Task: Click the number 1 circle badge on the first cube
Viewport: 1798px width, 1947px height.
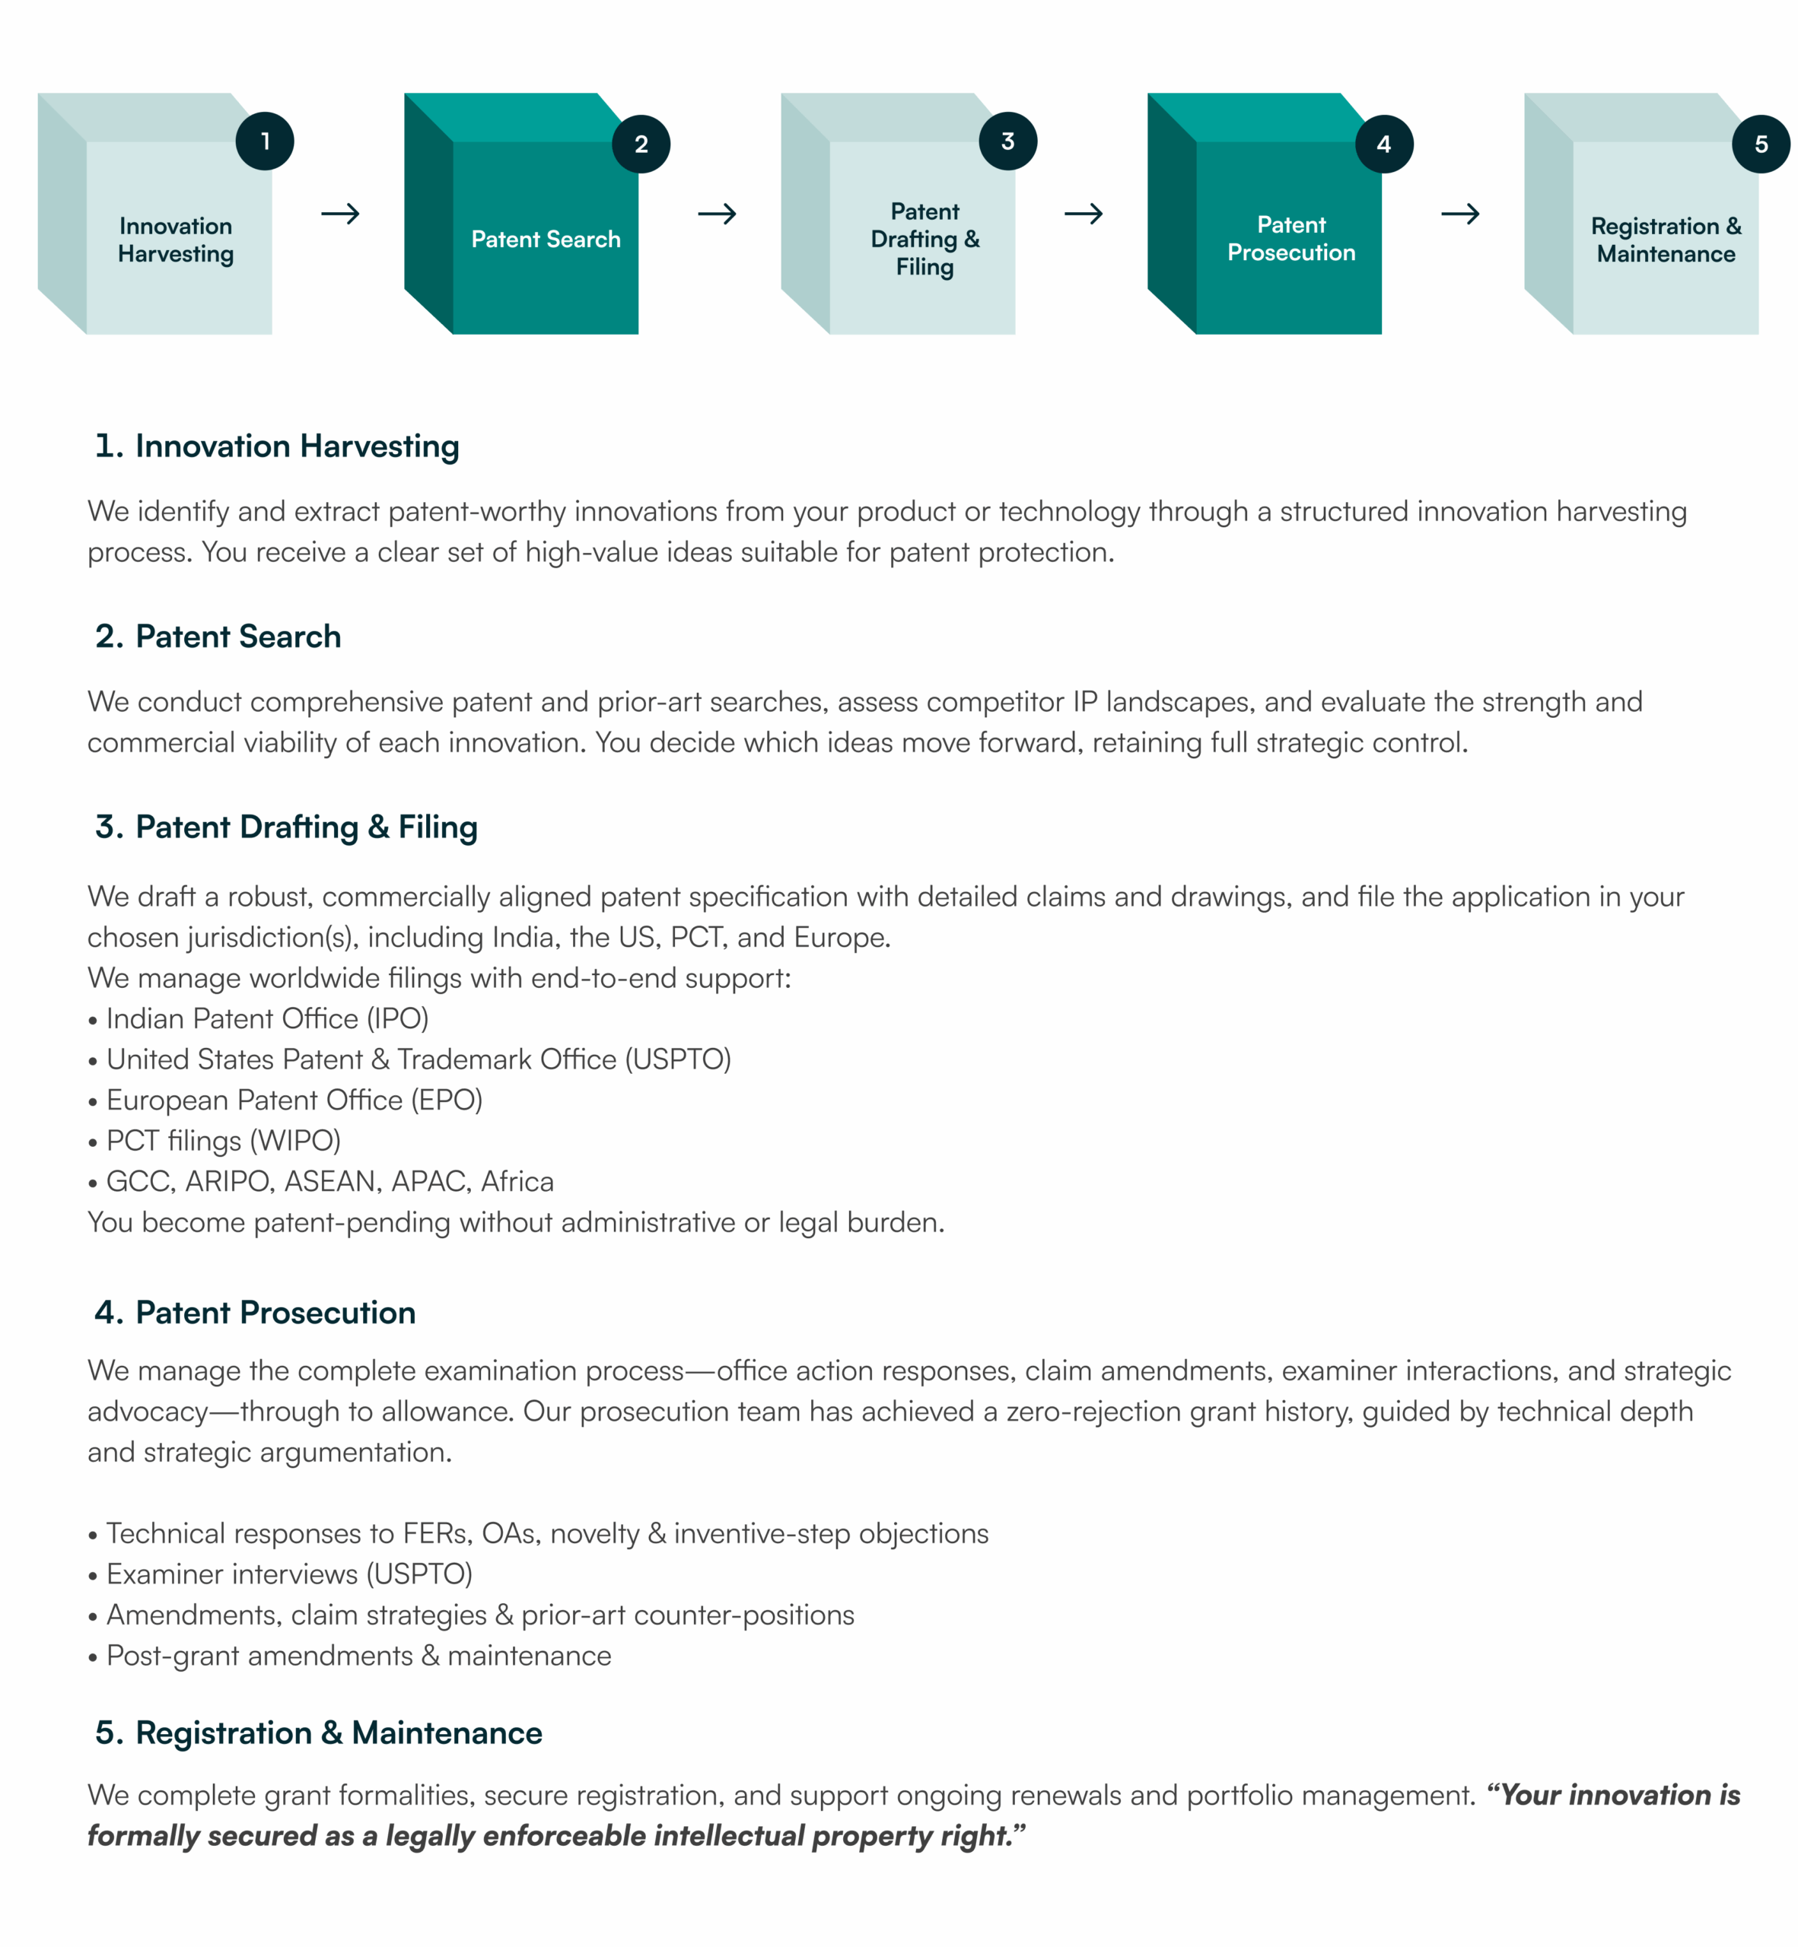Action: (265, 141)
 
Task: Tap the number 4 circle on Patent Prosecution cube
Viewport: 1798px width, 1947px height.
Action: (1383, 144)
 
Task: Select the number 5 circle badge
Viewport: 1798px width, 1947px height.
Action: (1760, 144)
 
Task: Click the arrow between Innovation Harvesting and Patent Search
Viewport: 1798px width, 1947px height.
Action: (341, 214)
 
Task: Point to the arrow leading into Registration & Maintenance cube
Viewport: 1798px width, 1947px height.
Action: (1459, 214)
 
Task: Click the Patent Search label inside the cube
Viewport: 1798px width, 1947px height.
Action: (545, 240)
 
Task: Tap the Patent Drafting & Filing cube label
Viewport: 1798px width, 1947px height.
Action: (924, 240)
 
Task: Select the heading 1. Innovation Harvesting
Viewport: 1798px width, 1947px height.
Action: (277, 446)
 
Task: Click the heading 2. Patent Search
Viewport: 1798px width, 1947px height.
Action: (219, 637)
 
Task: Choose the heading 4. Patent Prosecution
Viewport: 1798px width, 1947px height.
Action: (256, 1313)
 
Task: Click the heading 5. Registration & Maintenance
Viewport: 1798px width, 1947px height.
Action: (319, 1733)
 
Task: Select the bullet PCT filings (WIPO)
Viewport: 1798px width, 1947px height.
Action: (223, 1141)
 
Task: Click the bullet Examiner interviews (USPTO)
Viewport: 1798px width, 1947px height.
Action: (289, 1574)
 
